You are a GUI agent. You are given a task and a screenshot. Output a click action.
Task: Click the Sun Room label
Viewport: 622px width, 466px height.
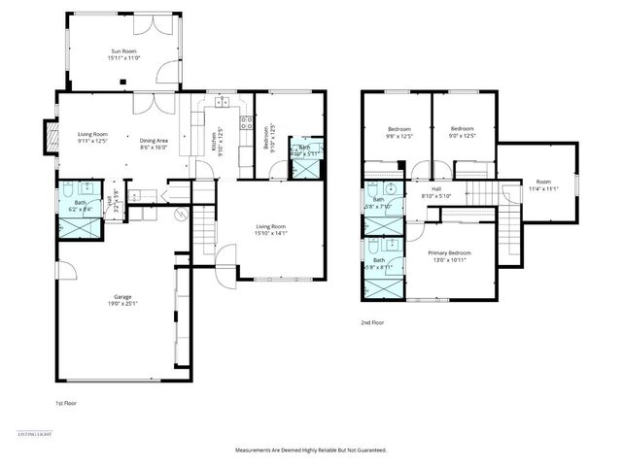pyautogui.click(x=123, y=54)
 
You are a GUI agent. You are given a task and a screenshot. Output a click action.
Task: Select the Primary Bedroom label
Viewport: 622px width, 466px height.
pyautogui.click(x=448, y=255)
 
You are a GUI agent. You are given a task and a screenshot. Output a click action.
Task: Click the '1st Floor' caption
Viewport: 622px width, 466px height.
pyautogui.click(x=66, y=401)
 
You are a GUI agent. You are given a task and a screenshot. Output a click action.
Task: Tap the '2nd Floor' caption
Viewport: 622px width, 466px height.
pyautogui.click(x=373, y=322)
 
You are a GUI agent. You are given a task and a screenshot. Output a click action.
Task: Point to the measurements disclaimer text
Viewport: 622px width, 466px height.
pyautogui.click(x=311, y=450)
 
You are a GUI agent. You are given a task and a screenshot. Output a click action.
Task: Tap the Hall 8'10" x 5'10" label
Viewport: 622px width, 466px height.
pyautogui.click(x=436, y=192)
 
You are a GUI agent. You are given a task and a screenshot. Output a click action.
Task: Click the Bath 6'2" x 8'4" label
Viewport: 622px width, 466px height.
pyautogui.click(x=81, y=206)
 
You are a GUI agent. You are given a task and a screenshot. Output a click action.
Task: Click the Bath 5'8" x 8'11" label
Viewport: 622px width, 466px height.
pyautogui.click(x=379, y=263)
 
